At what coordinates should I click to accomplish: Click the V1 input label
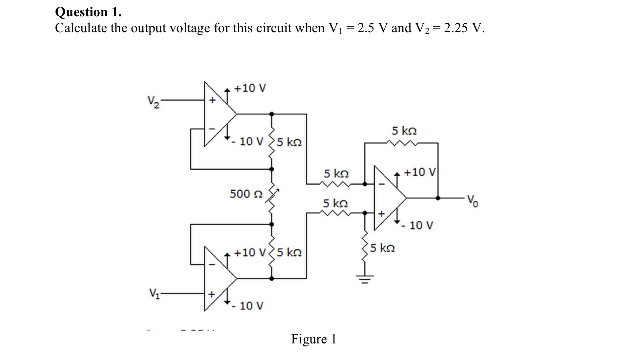[x=153, y=292]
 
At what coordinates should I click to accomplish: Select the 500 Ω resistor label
[x=246, y=194]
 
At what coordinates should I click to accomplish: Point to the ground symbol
[x=365, y=280]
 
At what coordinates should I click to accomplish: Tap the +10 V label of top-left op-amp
[x=250, y=88]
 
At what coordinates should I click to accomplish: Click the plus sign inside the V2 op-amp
[x=212, y=100]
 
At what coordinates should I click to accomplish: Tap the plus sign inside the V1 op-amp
[x=211, y=294]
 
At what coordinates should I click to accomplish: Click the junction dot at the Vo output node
[x=438, y=198]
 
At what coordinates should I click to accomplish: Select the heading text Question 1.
[x=88, y=12]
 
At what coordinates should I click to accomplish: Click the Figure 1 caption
[x=313, y=339]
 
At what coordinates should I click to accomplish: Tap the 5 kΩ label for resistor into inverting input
[x=336, y=174]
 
